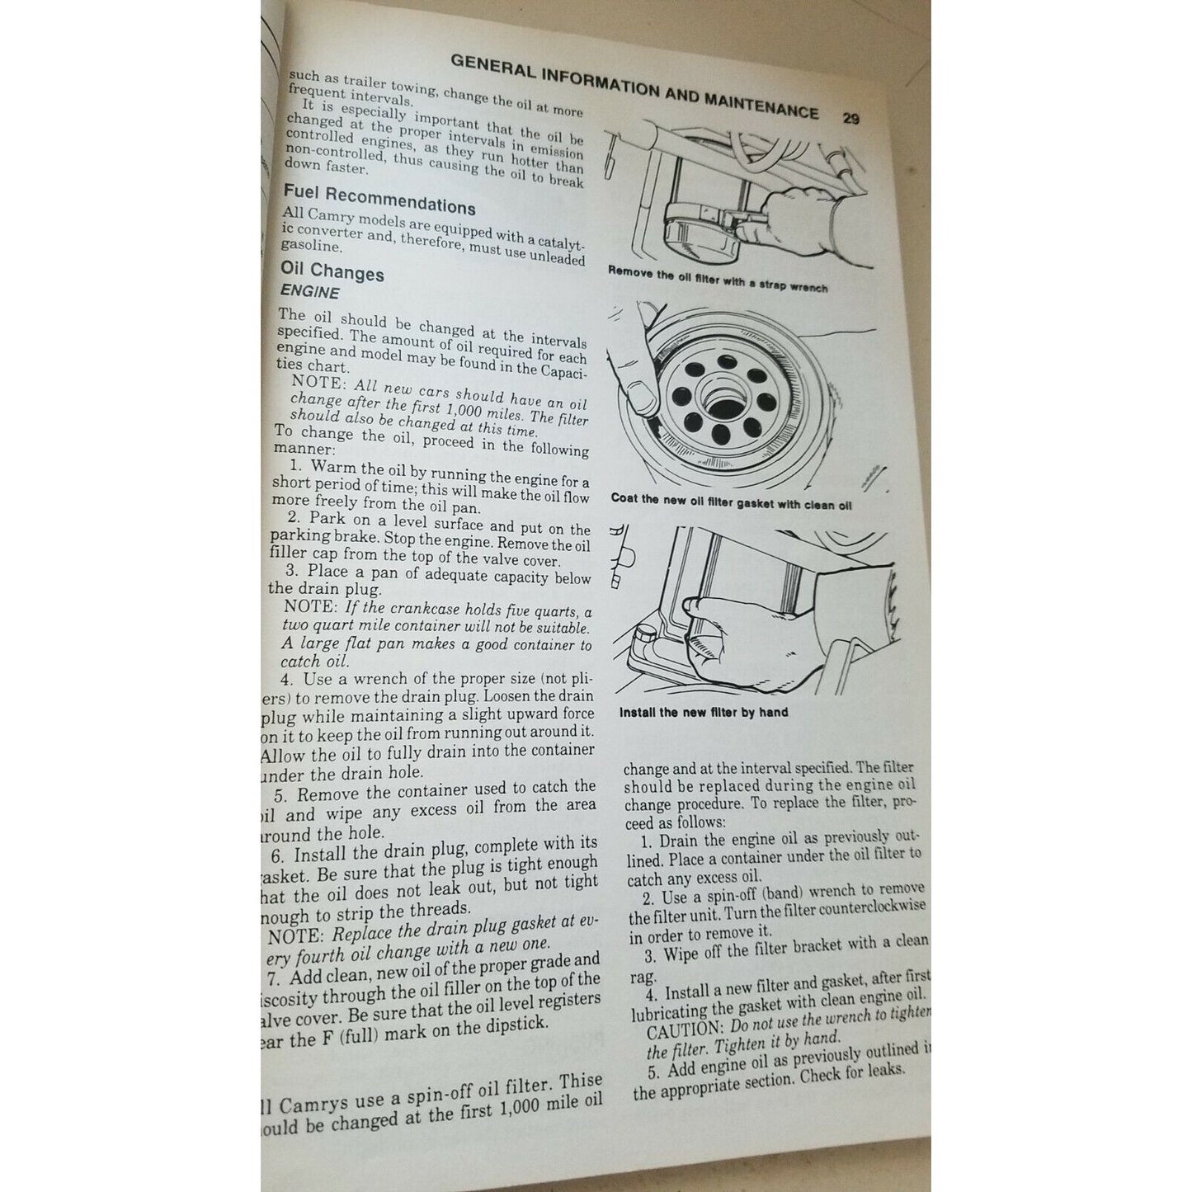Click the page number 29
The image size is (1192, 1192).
pos(850,118)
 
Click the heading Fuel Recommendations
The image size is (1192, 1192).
pos(379,200)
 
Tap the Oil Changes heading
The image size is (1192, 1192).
pos(332,271)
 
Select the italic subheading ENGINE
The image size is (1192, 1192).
pos(309,292)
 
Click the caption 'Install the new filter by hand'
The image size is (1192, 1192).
pos(703,712)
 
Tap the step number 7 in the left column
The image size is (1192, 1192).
pos(274,978)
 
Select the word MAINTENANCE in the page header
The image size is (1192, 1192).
pos(761,105)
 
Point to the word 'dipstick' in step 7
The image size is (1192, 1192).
pos(516,1024)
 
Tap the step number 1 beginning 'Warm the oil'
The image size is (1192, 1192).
pos(294,466)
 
